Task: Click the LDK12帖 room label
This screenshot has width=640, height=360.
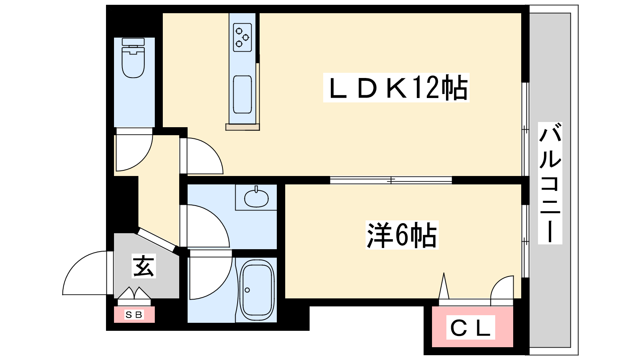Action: (396, 88)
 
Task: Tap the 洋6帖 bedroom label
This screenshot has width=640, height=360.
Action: (402, 235)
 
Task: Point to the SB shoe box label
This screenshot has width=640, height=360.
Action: (134, 315)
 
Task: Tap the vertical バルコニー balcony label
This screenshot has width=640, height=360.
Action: (550, 183)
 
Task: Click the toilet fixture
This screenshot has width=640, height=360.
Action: (133, 62)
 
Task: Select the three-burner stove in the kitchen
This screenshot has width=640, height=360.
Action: (242, 37)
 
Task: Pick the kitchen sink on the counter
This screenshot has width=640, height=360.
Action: (242, 94)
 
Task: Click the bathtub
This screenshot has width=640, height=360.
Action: (256, 290)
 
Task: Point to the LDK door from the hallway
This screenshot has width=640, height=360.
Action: (202, 156)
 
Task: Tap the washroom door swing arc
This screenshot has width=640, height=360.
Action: (206, 226)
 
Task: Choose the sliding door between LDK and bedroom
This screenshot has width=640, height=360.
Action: (391, 180)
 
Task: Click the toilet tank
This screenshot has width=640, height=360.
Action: (133, 42)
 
